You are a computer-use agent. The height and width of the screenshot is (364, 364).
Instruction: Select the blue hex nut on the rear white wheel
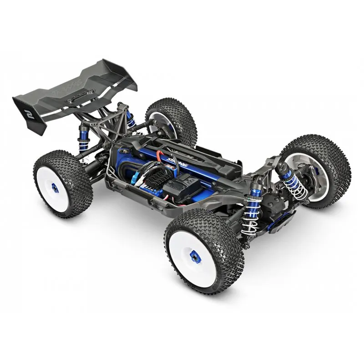55,187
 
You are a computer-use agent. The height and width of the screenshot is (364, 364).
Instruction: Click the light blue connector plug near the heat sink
135,180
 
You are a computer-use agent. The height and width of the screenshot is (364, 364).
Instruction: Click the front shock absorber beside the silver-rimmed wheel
293,182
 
